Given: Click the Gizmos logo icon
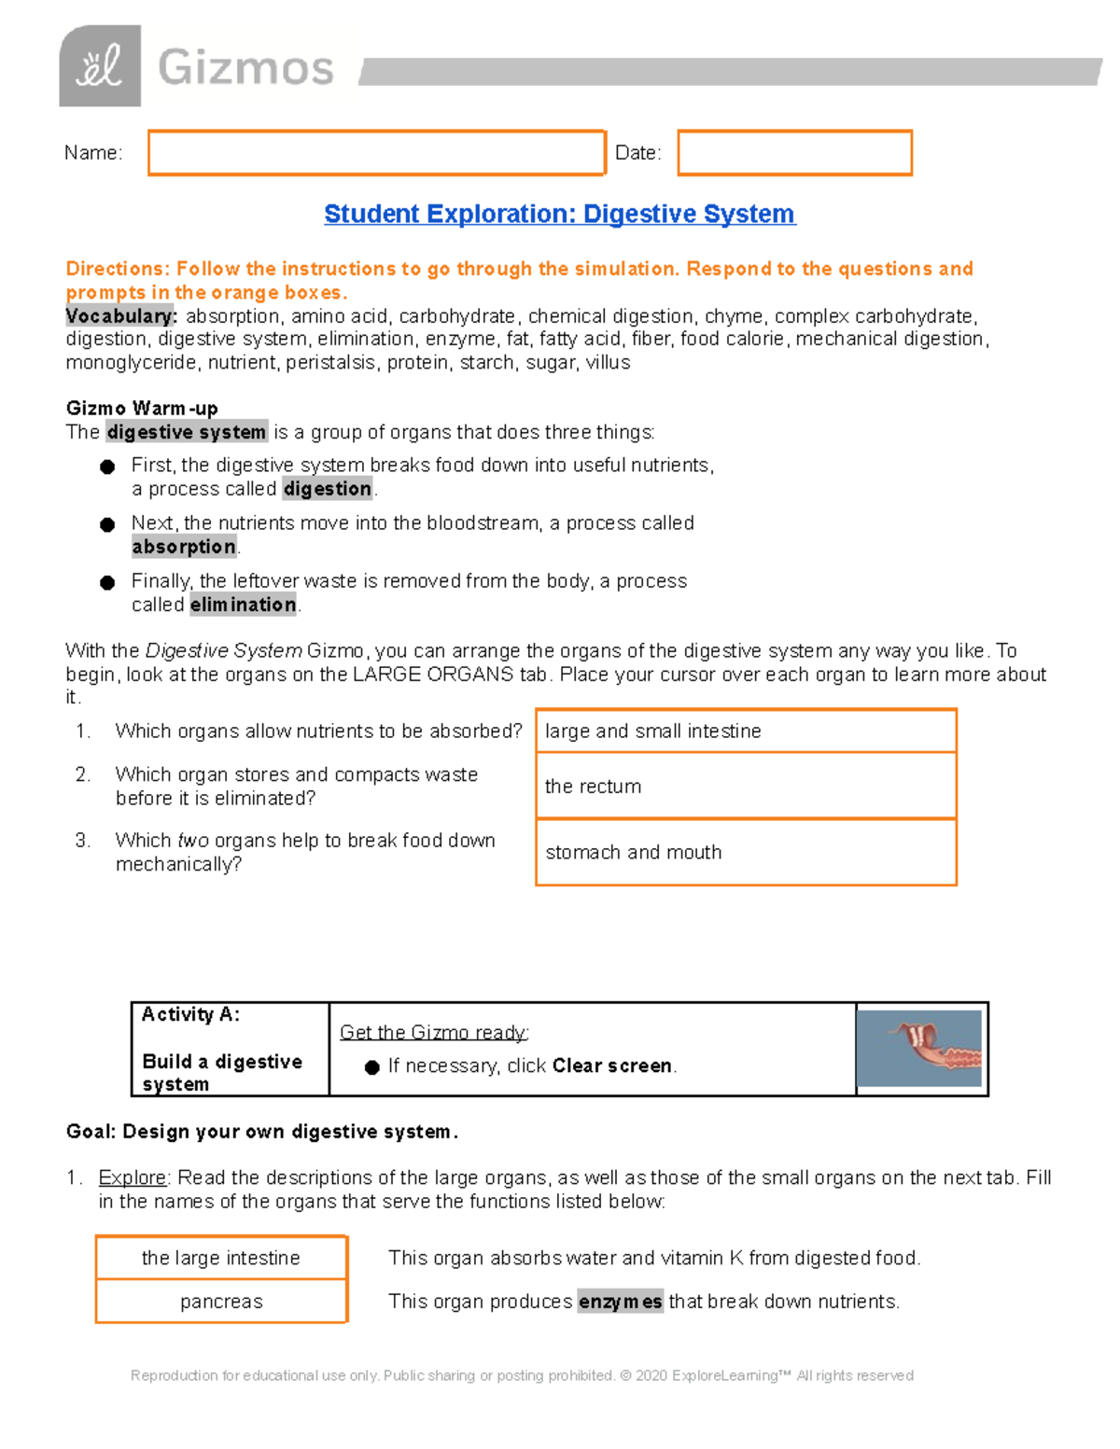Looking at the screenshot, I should (x=100, y=66).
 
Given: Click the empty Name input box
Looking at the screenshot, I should (x=376, y=153).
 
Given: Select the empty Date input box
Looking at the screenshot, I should (x=794, y=153).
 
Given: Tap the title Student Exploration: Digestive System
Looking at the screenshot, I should (x=559, y=214).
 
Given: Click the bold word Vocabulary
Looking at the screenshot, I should (x=120, y=316).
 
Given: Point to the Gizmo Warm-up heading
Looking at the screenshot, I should (x=142, y=408).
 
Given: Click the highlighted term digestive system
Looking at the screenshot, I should (x=187, y=432).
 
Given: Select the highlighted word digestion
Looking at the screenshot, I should (x=328, y=489).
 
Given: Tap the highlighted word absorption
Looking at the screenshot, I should (x=184, y=547).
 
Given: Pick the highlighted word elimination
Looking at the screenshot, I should (x=243, y=605).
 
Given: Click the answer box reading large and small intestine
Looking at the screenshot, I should (x=746, y=731).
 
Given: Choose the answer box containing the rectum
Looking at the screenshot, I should (x=746, y=787).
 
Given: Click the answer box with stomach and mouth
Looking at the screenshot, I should (x=746, y=853).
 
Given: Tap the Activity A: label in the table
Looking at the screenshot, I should (x=190, y=1014).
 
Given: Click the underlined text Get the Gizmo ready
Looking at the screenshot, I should (x=434, y=1032).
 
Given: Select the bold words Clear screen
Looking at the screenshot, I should (x=612, y=1066).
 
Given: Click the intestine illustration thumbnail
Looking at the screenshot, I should (x=919, y=1048).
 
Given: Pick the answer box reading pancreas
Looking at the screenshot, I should (x=221, y=1302).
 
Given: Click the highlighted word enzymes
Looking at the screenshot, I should (x=620, y=1302).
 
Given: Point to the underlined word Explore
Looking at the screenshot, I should (x=133, y=1177).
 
